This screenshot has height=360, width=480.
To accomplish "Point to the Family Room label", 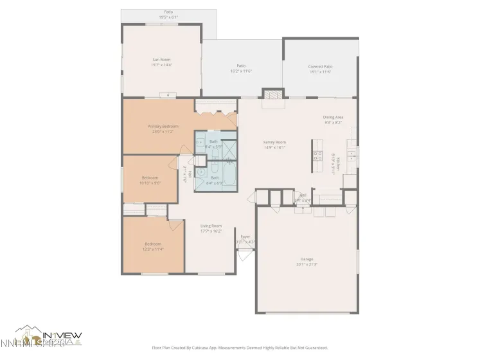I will (274, 142).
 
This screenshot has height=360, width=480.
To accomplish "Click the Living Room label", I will (211, 226).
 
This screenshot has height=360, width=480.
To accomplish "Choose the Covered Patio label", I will (320, 66).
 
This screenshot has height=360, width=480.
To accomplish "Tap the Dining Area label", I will (333, 117).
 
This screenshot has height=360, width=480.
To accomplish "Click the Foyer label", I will (245, 237).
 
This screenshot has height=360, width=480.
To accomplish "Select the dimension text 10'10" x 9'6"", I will (149, 183).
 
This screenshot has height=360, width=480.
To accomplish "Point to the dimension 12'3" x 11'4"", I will (152, 249).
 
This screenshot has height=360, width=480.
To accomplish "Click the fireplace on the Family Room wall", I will (273, 94).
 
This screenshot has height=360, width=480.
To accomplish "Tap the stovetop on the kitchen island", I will (317, 155).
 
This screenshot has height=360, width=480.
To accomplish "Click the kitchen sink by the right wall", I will (352, 155).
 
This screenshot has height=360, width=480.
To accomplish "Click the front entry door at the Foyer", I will (243, 253).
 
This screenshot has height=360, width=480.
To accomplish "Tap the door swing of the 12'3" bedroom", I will (175, 224).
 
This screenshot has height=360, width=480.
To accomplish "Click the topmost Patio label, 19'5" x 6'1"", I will (168, 15).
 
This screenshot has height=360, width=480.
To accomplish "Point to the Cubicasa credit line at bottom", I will (240, 347).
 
